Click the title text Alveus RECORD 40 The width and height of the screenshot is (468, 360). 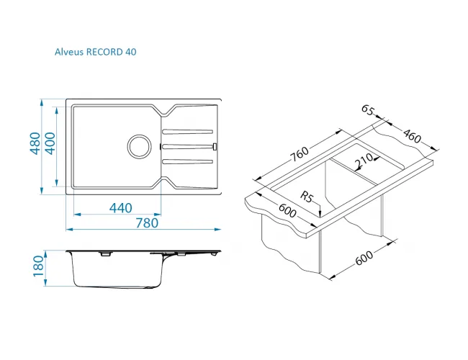pyautogui.click(x=96, y=52)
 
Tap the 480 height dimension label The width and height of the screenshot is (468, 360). pyautogui.click(x=35, y=143)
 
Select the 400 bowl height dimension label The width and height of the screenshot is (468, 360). pyautogui.click(x=50, y=143)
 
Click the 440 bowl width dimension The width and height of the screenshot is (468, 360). pyautogui.click(x=120, y=208)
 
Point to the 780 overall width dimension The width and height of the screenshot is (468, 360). pyautogui.click(x=147, y=222)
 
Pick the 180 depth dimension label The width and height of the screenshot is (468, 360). pyautogui.click(x=38, y=266)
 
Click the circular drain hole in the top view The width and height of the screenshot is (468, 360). pyautogui.click(x=139, y=146)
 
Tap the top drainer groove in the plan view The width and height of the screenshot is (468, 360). pyautogui.click(x=187, y=131)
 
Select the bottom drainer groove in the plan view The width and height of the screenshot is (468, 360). pyautogui.click(x=187, y=162)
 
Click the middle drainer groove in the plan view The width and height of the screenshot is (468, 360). pyautogui.click(x=187, y=146)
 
